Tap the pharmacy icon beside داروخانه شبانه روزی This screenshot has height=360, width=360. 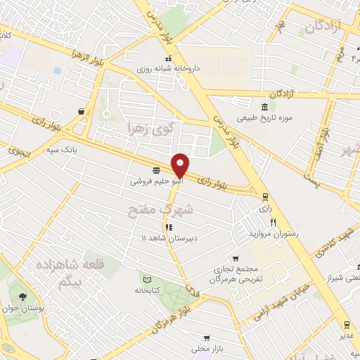[167, 58]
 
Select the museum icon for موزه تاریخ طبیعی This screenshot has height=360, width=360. [264, 108]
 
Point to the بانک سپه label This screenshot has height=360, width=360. [79, 150]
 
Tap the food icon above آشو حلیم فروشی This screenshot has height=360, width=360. [155, 170]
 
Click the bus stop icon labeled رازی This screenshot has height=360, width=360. [264, 197]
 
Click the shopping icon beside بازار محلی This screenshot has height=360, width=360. [206, 337]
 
